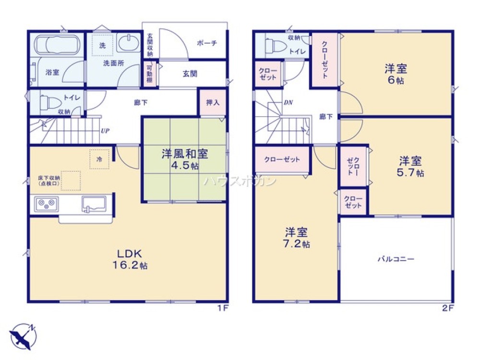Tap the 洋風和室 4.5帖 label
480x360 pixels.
point(184,160)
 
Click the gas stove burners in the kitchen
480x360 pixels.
point(46,204)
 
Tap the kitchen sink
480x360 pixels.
point(95,204)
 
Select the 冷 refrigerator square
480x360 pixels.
point(99,159)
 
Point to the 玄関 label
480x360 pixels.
point(190,74)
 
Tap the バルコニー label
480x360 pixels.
point(396,259)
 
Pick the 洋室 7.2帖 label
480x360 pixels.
point(297,238)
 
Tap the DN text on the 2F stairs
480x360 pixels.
point(288,102)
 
